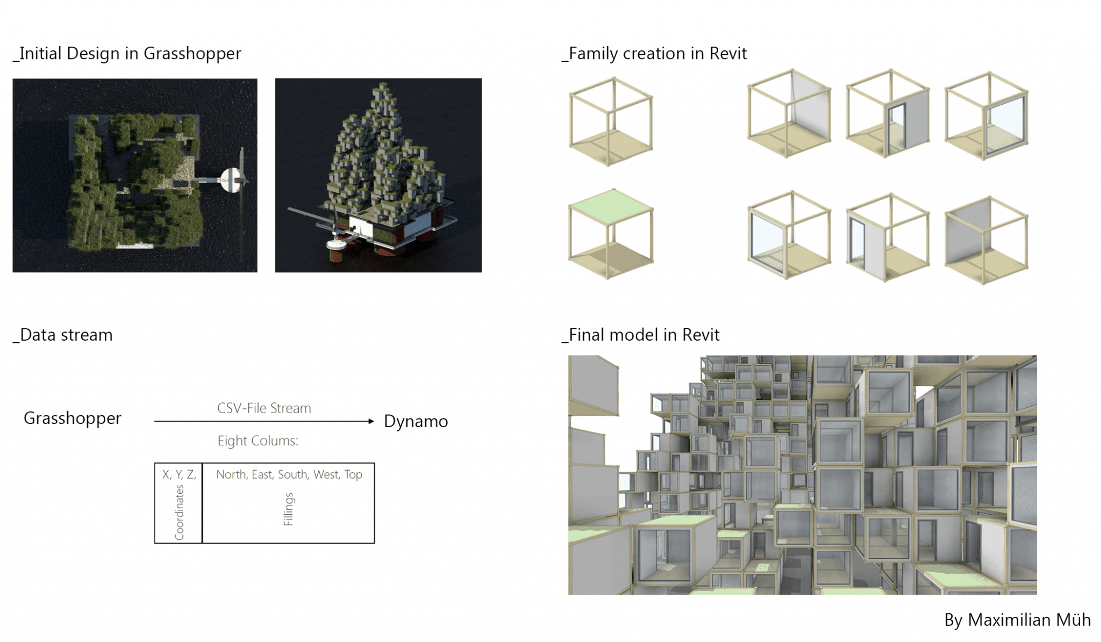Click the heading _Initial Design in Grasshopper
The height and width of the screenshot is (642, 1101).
[x=127, y=54]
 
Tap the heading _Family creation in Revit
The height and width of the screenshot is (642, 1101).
[x=654, y=54]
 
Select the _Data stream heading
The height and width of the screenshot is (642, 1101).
[x=63, y=335]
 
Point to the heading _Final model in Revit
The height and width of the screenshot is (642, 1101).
[x=641, y=335]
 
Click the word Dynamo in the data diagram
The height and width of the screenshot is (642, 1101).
[x=416, y=422]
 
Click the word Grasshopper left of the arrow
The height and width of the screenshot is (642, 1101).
[x=73, y=419]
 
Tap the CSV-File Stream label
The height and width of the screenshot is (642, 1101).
[x=264, y=408]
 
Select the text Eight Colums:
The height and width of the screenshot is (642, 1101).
[x=258, y=441]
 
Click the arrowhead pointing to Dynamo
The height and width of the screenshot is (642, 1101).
[x=371, y=422]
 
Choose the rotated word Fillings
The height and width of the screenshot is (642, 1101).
[x=289, y=509]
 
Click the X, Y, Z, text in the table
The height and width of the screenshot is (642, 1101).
[x=179, y=475]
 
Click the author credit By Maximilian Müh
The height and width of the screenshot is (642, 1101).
[x=1017, y=620]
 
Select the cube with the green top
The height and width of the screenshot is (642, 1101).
[x=611, y=234]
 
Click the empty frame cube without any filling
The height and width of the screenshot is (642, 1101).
[x=611, y=121]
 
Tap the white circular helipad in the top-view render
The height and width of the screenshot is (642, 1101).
[x=232, y=179]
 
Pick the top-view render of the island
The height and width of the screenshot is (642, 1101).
[x=135, y=176]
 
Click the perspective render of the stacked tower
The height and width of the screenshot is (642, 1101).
[x=378, y=176]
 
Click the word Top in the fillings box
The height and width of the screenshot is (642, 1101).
[x=353, y=475]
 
